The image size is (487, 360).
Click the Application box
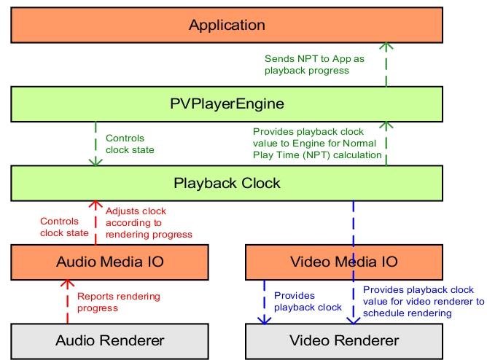click(x=227, y=26)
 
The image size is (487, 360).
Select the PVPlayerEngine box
click(x=227, y=104)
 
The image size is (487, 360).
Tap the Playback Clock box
click(x=227, y=183)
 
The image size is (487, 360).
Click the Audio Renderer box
click(x=110, y=340)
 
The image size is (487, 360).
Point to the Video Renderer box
click(x=343, y=340)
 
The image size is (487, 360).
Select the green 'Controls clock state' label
click(x=130, y=144)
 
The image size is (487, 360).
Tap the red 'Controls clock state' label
click(x=63, y=227)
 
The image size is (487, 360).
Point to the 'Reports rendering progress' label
click(x=118, y=302)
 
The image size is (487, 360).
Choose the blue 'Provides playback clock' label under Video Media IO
click(x=307, y=301)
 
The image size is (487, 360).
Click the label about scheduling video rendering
click(x=422, y=301)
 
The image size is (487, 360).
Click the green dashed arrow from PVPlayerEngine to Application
click(x=387, y=66)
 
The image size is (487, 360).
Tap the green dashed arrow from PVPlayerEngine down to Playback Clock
click(x=96, y=144)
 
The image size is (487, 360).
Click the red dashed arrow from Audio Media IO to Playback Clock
click(x=95, y=222)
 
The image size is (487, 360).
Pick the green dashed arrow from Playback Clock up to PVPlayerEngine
click(x=387, y=144)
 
